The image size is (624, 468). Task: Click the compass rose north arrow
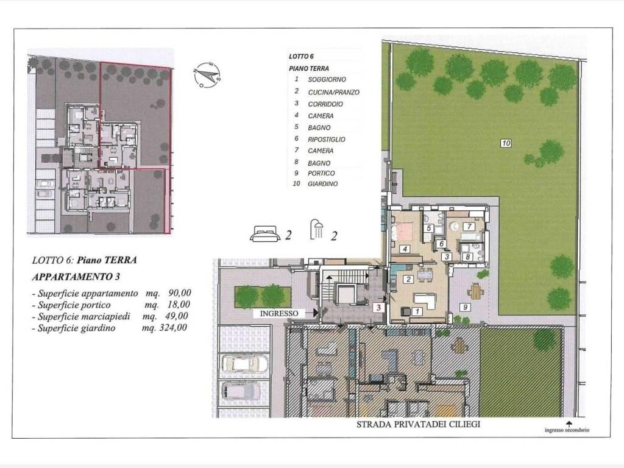(x=208, y=75)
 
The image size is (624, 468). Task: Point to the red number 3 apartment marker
(x=378, y=308)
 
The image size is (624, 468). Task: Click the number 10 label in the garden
(x=506, y=144)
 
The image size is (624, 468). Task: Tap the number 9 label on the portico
(x=464, y=307)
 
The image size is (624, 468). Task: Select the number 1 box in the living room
(x=417, y=311)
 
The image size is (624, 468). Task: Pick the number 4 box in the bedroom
(x=404, y=249)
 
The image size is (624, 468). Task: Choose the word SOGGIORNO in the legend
(x=327, y=80)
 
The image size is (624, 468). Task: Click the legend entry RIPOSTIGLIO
(x=327, y=140)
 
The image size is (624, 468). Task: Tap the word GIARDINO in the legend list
(x=323, y=183)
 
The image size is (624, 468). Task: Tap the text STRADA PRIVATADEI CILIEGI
(x=418, y=424)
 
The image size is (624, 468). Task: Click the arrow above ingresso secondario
(x=569, y=423)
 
